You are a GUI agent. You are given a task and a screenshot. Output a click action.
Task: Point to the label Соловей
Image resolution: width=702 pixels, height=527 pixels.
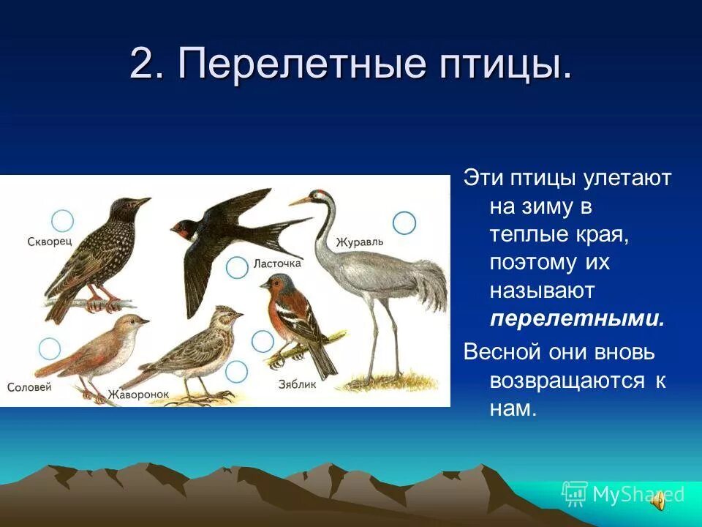tap(29, 386)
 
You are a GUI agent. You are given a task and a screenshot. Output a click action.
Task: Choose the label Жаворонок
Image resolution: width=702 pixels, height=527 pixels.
tap(138, 395)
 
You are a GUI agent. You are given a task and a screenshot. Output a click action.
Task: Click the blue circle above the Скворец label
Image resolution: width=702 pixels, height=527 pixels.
tap(63, 220)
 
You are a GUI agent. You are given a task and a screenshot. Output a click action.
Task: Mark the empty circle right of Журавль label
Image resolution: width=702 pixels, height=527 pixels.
tap(404, 223)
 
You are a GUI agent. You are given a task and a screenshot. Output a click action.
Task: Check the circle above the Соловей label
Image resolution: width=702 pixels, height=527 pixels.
tap(49, 348)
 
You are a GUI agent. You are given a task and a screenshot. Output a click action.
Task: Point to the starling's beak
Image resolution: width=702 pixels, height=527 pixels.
tap(142, 201)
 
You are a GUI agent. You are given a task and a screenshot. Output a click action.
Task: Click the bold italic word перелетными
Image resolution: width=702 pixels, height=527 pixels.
tap(577, 319)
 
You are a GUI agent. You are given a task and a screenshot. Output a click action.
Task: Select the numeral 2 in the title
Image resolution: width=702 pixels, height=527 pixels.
tap(141, 65)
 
